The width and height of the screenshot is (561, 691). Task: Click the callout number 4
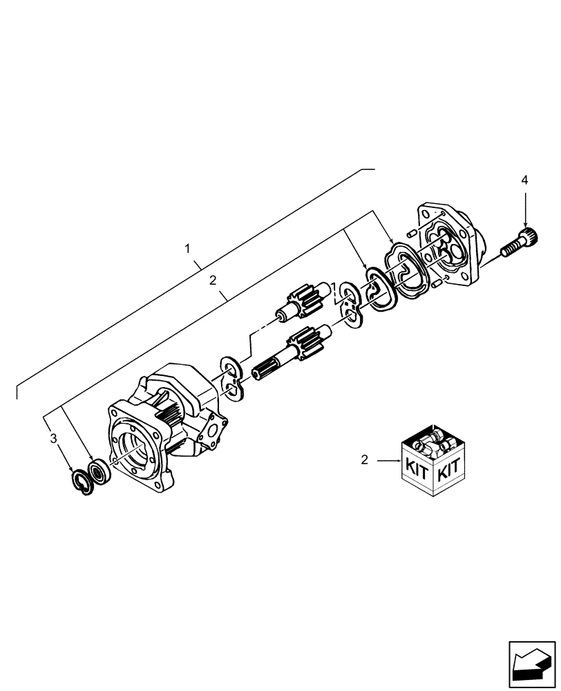coord(524,180)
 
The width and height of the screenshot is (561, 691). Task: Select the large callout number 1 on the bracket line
coord(189,248)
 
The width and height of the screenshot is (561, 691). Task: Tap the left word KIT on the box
coord(417,473)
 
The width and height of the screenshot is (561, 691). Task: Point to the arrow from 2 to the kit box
coord(386,459)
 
